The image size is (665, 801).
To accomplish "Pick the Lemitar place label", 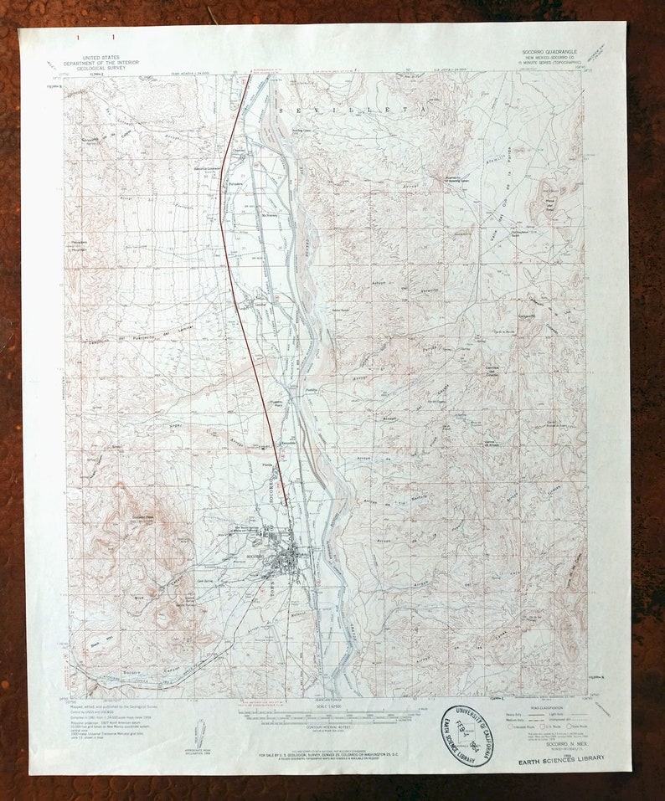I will pos(260,303).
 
